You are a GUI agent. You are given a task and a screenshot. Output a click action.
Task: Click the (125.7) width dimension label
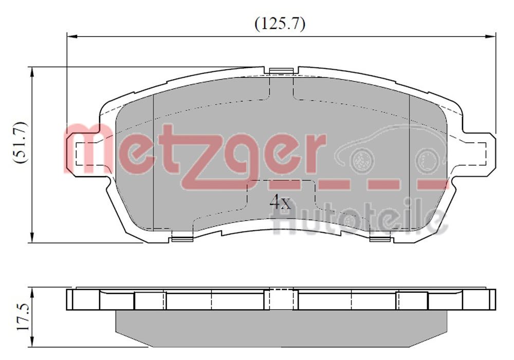(x=280, y=24)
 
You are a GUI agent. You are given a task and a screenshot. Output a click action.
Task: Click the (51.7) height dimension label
(x=20, y=142)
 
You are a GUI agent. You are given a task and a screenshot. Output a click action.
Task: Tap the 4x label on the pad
(x=281, y=201)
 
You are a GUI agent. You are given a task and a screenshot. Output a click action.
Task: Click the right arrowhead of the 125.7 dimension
(x=491, y=36)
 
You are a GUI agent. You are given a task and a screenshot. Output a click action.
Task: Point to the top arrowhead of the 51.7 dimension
(x=32, y=71)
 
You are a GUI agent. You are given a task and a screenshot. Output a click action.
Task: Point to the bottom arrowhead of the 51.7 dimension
(x=32, y=238)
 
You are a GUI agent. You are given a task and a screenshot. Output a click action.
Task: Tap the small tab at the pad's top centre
(x=280, y=70)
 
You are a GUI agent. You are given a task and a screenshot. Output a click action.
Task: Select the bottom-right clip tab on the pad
(x=380, y=238)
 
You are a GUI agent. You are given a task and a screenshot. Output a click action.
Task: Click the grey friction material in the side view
(x=280, y=329)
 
